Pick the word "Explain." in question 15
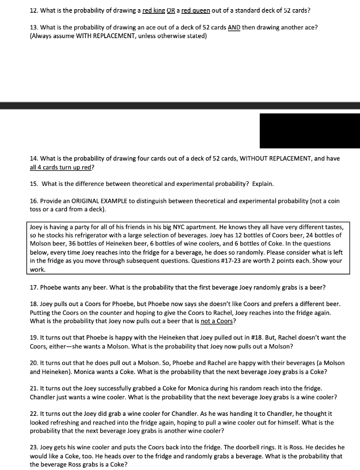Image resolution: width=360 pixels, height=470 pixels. pos(261,184)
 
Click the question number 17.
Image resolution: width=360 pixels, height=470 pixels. pos(34,287)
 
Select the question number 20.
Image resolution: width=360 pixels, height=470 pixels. pos(34,363)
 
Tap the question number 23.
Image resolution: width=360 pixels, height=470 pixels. pos(34,447)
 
